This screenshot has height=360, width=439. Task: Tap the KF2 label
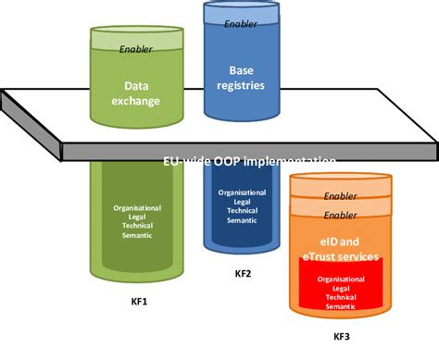[243, 275]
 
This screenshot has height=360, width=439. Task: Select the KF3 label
[343, 338]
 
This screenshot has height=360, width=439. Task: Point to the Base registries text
[241, 77]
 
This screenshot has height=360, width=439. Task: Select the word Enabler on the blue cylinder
[241, 24]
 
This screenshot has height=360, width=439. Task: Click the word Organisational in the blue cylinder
[243, 193]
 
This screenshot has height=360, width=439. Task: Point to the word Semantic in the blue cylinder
[243, 220]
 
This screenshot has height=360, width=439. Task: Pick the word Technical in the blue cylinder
[243, 211]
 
